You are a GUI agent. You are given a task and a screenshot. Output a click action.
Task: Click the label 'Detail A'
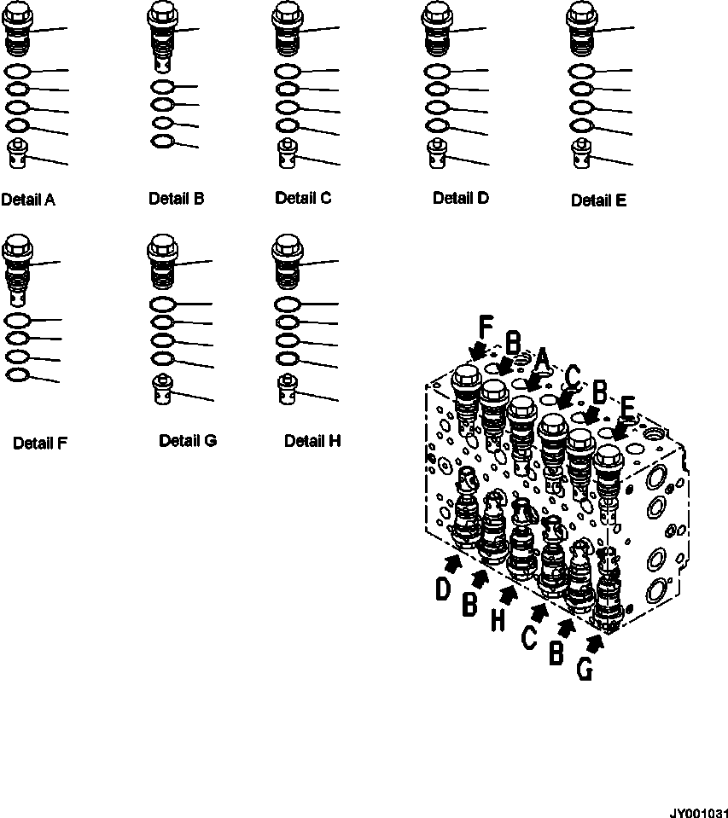coord(28,200)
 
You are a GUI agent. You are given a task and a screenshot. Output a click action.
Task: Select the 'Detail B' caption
coord(176,199)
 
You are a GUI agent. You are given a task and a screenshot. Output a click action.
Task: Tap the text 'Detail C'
coord(303,198)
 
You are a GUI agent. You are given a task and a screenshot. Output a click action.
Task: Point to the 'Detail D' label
coord(461,198)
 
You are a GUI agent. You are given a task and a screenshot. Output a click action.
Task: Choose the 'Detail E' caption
coord(598,200)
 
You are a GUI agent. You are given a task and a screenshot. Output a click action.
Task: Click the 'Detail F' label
coord(40,443)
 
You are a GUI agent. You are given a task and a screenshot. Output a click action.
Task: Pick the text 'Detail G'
coord(188,441)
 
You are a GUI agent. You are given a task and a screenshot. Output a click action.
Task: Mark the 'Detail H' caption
coord(312,441)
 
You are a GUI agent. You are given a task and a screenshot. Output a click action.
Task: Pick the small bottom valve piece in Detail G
coord(162,389)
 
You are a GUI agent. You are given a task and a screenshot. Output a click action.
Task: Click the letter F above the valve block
coord(486,327)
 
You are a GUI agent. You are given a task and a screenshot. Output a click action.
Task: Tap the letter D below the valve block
coord(443,589)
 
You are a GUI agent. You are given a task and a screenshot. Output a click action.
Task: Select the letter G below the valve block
coord(585,670)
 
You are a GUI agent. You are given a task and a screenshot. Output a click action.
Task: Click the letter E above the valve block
coord(626,413)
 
